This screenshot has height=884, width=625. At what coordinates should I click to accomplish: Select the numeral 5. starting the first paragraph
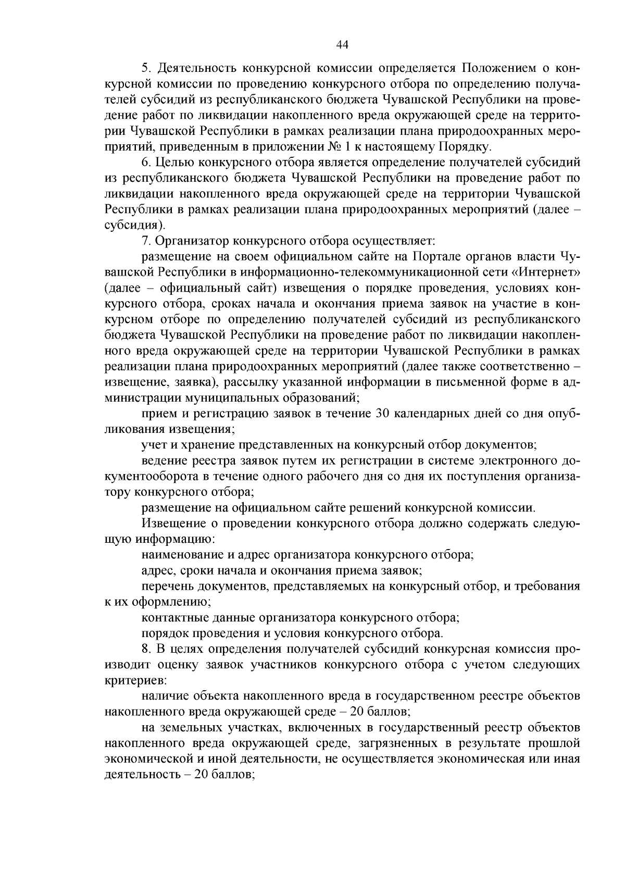click(x=146, y=68)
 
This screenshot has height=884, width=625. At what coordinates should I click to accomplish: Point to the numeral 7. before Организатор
click(x=146, y=241)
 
